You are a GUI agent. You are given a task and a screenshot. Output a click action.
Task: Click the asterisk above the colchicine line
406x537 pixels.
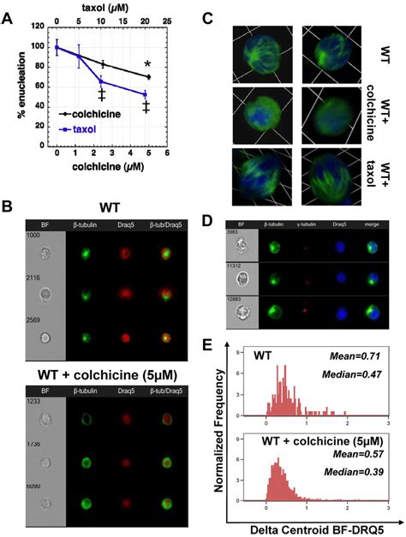tap(173, 65)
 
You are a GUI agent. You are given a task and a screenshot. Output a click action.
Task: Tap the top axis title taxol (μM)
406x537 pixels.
tap(110, 7)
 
